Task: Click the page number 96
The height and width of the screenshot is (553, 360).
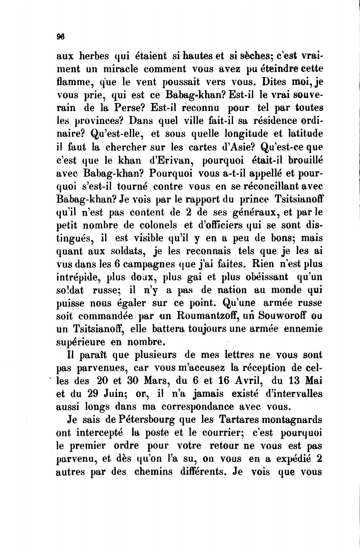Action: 60,36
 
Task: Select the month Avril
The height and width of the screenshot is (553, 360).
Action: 244,381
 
